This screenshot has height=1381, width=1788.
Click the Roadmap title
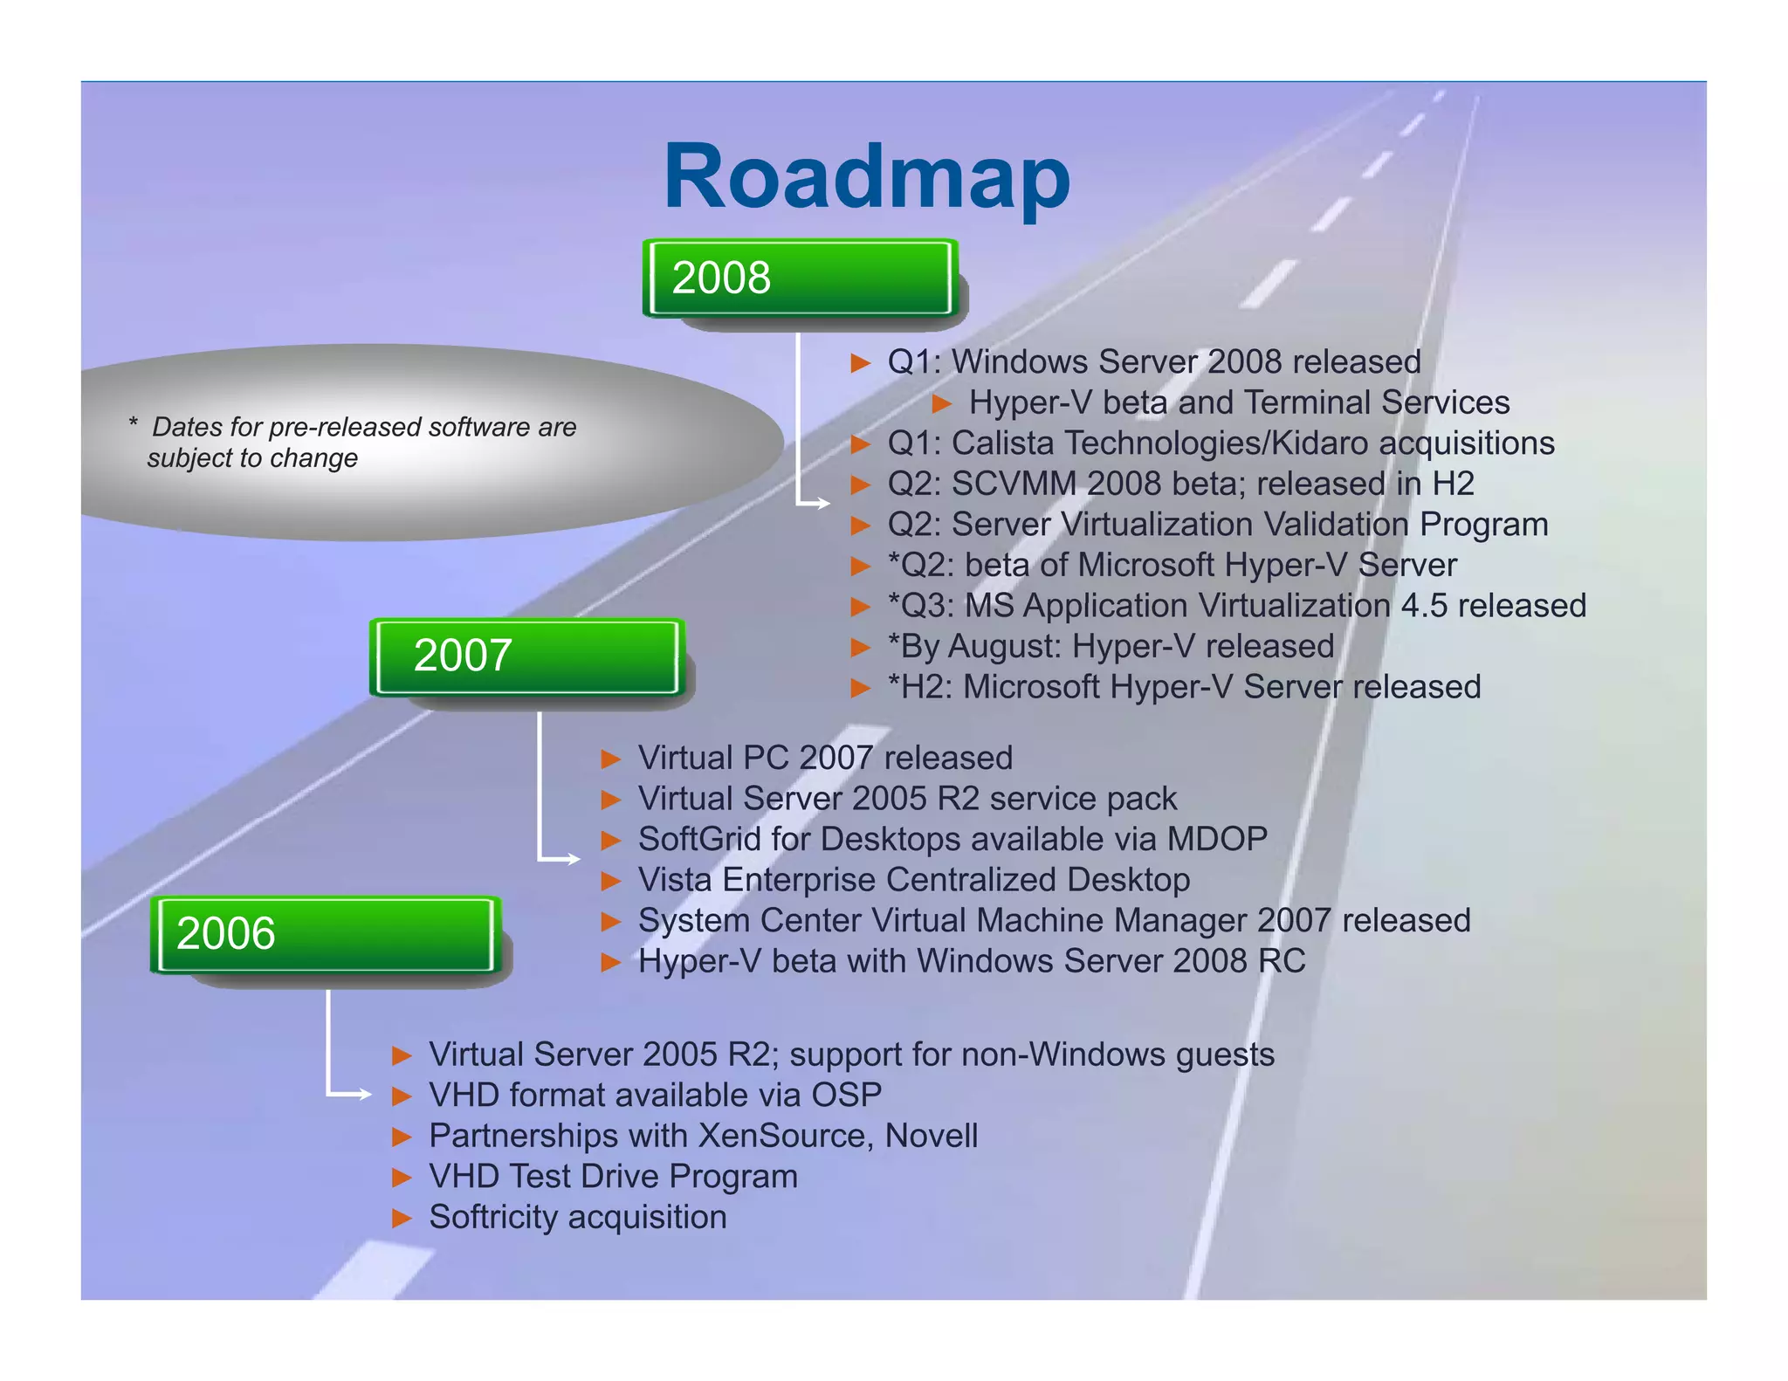click(866, 177)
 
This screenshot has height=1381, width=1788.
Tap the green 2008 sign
click(799, 278)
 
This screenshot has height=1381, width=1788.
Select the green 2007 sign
click(526, 656)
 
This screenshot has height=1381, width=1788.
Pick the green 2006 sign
click(325, 933)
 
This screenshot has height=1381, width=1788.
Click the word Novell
click(931, 1136)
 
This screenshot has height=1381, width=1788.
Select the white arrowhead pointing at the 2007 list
click(574, 859)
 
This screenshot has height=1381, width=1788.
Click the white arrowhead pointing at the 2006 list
click(365, 1094)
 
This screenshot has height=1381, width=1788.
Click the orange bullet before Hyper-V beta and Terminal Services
click(941, 403)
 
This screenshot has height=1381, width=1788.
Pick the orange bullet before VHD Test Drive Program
click(401, 1178)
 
